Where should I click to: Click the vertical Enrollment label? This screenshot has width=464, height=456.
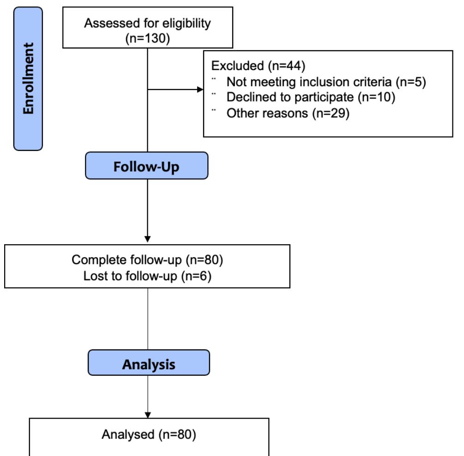(x=28, y=78)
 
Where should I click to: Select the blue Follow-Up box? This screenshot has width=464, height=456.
(x=146, y=167)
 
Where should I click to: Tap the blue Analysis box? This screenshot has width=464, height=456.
(x=148, y=364)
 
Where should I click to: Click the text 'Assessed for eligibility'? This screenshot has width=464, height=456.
(x=147, y=24)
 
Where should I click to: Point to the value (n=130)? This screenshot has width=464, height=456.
(x=147, y=38)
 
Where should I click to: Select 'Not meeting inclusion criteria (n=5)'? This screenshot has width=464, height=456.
(x=326, y=82)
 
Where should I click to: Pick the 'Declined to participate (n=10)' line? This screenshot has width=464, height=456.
(x=310, y=98)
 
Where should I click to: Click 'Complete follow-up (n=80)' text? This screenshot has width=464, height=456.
(x=147, y=260)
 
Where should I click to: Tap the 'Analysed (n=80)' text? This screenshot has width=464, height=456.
(x=149, y=434)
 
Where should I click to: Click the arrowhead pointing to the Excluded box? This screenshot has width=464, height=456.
(x=200, y=90)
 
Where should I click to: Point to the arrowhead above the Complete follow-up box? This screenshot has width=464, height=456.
(x=147, y=239)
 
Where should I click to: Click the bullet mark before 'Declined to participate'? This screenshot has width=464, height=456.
(x=214, y=94)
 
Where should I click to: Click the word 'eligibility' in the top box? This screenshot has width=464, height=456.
(x=188, y=24)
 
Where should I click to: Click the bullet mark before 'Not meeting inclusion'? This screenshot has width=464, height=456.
(x=214, y=78)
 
